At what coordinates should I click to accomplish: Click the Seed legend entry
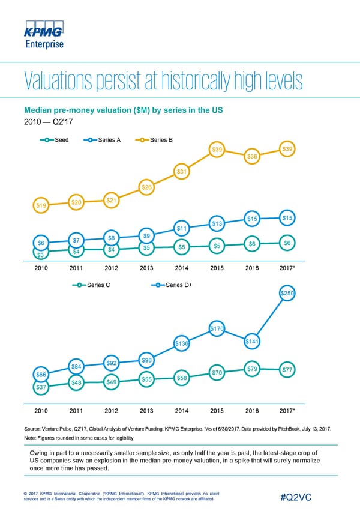(x=56, y=139)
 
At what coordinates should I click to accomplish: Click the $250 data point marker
(x=288, y=293)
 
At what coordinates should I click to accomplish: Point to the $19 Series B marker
(x=41, y=205)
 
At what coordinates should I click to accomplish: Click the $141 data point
(x=253, y=342)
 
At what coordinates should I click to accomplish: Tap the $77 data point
(x=287, y=370)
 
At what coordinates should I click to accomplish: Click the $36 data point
(x=253, y=156)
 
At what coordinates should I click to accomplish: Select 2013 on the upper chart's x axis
(x=146, y=268)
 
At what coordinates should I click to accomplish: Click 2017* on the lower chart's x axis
(x=287, y=411)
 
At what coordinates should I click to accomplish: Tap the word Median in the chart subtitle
(x=39, y=111)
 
